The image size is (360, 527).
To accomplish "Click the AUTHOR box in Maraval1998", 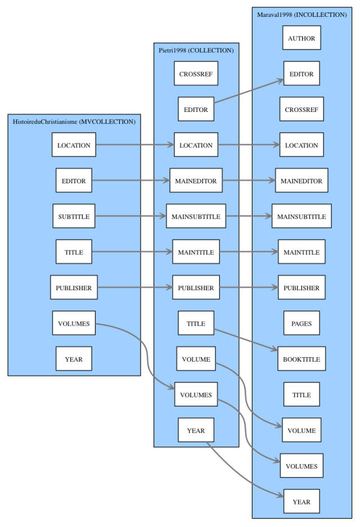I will click(x=301, y=38).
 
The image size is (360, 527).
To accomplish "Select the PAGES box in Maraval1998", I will click(x=301, y=323).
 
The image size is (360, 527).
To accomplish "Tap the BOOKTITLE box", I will click(x=301, y=359).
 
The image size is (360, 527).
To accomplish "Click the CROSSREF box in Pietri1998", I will click(x=196, y=74).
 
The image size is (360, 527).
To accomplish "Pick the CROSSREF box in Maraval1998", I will click(x=301, y=109).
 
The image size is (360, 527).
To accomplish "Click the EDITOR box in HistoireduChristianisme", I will click(x=74, y=181).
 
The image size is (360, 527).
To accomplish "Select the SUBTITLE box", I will click(x=74, y=217).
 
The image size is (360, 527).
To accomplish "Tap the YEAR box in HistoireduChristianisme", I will click(x=74, y=359).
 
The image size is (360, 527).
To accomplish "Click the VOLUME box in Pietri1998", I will click(x=196, y=359).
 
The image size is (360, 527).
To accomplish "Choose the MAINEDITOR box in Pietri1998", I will click(x=196, y=181).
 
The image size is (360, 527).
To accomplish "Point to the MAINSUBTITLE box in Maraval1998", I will click(x=301, y=217).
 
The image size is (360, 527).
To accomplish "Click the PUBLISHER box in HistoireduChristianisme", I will click(x=74, y=287).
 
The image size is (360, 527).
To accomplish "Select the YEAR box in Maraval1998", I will click(x=301, y=502).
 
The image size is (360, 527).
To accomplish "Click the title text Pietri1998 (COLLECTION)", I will click(x=196, y=51).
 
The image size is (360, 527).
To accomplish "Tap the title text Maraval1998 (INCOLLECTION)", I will click(x=301, y=15).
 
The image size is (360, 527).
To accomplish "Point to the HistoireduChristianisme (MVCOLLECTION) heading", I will click(x=74, y=121).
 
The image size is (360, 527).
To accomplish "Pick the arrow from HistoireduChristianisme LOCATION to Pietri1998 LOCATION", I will click(x=135, y=145).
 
